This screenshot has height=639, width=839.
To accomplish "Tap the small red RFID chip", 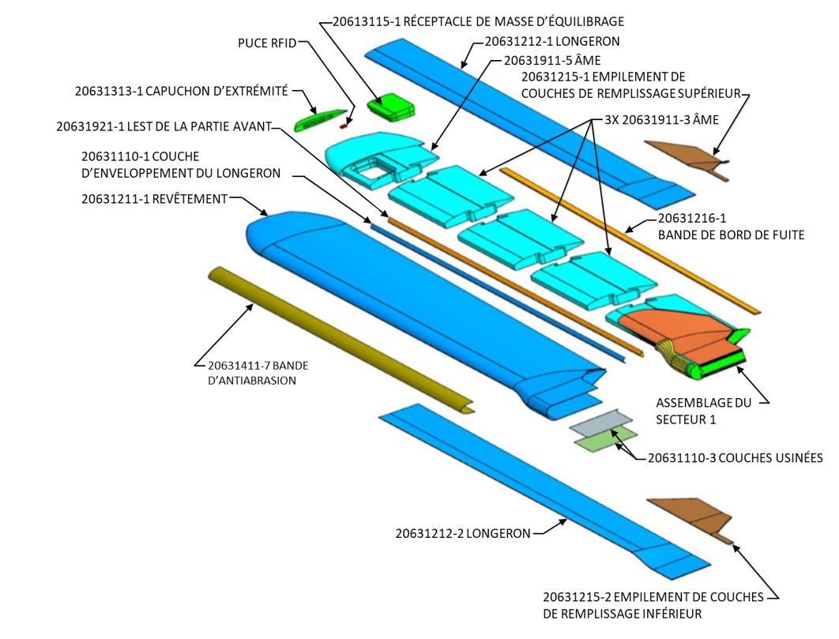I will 344,125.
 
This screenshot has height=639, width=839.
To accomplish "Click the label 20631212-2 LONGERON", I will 463,533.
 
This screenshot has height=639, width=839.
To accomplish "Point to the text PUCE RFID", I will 266,43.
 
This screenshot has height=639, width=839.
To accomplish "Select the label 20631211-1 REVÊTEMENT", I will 153,199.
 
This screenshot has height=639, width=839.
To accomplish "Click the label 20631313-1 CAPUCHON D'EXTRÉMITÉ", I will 181,91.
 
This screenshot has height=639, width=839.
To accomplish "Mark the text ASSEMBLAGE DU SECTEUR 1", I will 704,411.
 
